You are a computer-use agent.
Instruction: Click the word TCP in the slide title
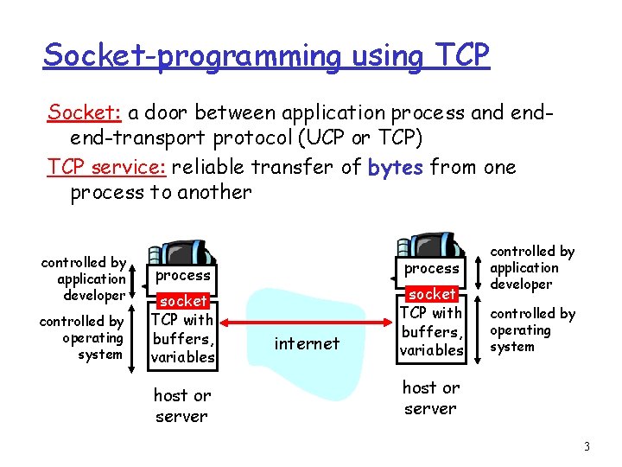(x=457, y=54)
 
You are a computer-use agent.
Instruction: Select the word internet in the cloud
(x=307, y=343)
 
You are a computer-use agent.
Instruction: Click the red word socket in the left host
(x=183, y=301)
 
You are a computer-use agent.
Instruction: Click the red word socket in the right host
(x=432, y=294)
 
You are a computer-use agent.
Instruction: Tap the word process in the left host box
(x=183, y=275)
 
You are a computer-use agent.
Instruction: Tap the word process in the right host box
(x=432, y=268)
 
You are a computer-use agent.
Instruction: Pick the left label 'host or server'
(x=181, y=406)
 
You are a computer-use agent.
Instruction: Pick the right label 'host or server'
(x=431, y=398)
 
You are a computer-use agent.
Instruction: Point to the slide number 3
(x=587, y=447)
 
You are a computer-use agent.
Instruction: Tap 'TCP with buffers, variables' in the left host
(x=182, y=338)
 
